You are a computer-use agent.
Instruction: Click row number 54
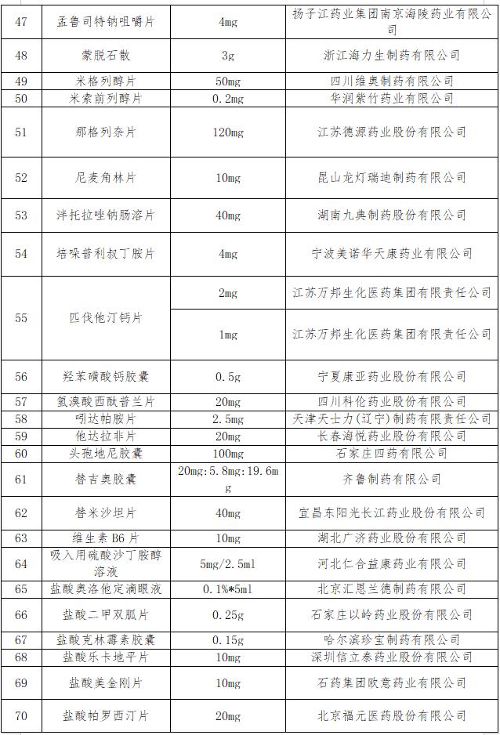[x=21, y=254]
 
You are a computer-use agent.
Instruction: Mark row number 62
[x=21, y=512]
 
